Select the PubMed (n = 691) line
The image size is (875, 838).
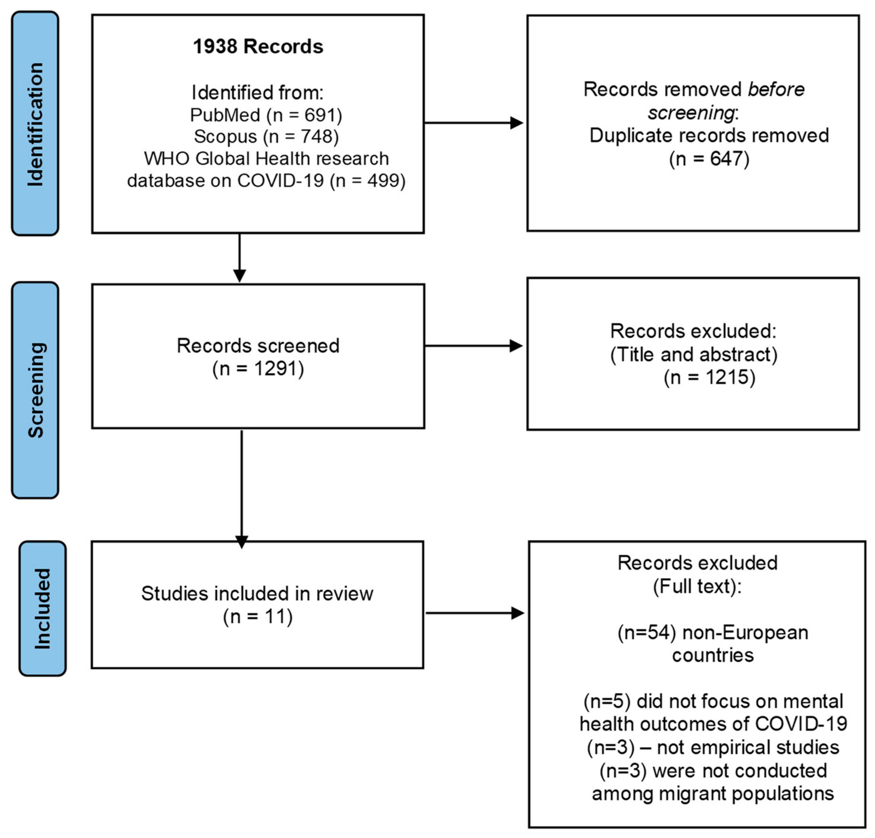coord(266,115)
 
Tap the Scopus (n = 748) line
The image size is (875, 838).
coord(266,137)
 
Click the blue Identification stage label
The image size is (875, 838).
coord(35,124)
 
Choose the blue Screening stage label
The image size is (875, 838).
coord(35,390)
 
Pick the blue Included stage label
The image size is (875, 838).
coord(42,609)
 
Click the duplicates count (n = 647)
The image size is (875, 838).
coord(709,159)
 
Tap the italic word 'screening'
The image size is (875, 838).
coord(691,113)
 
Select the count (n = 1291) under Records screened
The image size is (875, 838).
coord(258,369)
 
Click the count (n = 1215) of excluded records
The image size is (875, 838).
coord(709,377)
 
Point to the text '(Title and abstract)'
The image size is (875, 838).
coord(694,354)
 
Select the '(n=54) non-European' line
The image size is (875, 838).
coord(712,633)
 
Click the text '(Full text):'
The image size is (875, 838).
coord(697,586)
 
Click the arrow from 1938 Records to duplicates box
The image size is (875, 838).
coord(473,123)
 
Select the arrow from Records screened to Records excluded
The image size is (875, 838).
coord(473,346)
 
